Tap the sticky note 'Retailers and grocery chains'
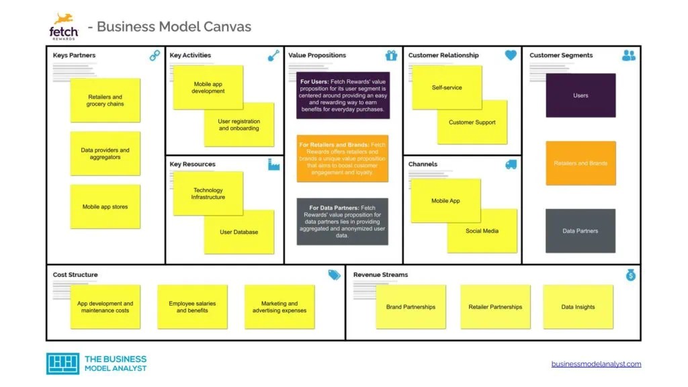pos(105,101)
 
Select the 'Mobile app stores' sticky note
pos(105,207)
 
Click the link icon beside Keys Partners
pos(155,56)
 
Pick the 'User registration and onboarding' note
pos(239,125)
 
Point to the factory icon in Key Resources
pos(273,165)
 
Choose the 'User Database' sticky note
pos(239,232)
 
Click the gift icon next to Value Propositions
pos(392,56)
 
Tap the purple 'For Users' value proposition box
pos(343,95)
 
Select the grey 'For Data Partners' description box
pos(343,222)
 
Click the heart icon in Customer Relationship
pos(511,56)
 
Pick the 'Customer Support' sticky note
pos(472,122)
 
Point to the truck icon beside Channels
pos(511,165)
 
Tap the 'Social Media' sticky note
pos(482,231)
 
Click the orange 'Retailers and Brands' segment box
pos(580,163)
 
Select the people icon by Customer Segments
pos(629,56)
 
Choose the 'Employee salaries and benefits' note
pos(192,307)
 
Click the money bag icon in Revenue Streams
pos(630,275)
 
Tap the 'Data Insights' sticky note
pos(578,307)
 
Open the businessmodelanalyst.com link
pos(596,364)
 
